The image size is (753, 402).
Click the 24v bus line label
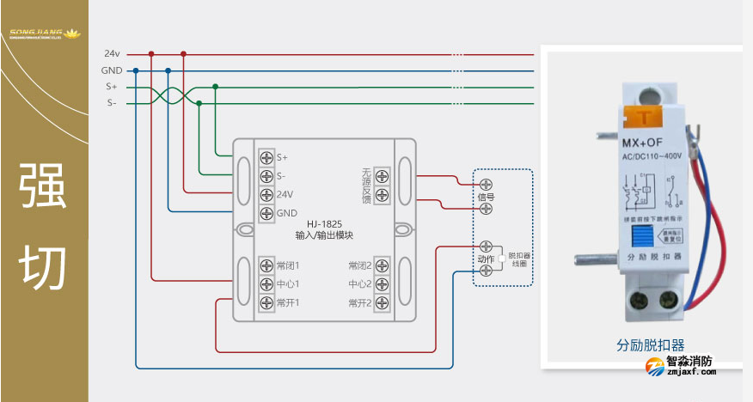(112, 53)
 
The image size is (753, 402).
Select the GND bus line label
(112, 70)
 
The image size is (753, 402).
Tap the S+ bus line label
(112, 87)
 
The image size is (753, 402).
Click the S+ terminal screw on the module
(266, 157)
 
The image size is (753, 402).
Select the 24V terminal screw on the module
(266, 194)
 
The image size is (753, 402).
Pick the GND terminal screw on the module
(266, 213)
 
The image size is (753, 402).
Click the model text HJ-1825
(324, 224)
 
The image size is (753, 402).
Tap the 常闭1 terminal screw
(266, 265)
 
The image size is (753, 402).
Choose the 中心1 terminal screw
(266, 284)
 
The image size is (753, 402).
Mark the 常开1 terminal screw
(266, 303)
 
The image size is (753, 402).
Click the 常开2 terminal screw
(382, 303)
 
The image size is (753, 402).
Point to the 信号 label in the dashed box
(486, 197)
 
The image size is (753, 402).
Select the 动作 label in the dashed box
(485, 259)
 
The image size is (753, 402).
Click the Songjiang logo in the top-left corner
(44, 33)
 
